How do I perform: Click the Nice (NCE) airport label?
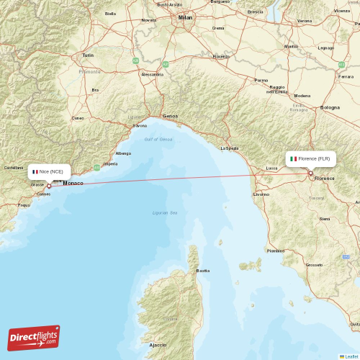pyautogui.click(x=52, y=171)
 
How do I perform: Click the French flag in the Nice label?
pyautogui.click(x=35, y=171)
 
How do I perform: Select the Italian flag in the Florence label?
pyautogui.click(x=293, y=158)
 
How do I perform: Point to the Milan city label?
pyautogui.click(x=186, y=17)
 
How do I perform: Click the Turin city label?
pyautogui.click(x=88, y=55)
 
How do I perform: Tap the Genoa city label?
pyautogui.click(x=171, y=116)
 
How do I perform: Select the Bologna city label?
pyautogui.click(x=330, y=108)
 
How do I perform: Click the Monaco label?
pyautogui.click(x=73, y=183)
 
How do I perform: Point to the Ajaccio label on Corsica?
pyautogui.click(x=158, y=346)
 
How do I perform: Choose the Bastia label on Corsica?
pyautogui.click(x=203, y=271)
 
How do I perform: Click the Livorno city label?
pyautogui.click(x=261, y=194)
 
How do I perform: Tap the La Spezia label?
pyautogui.click(x=229, y=148)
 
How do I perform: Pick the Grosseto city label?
pyautogui.click(x=314, y=265)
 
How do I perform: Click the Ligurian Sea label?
pyautogui.click(x=166, y=213)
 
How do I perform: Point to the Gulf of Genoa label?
pyautogui.click(x=158, y=139)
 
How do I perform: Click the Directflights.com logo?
pyautogui.click(x=34, y=337)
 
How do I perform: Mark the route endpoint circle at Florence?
pyautogui.click(x=310, y=173)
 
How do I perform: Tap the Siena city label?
pyautogui.click(x=325, y=218)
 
